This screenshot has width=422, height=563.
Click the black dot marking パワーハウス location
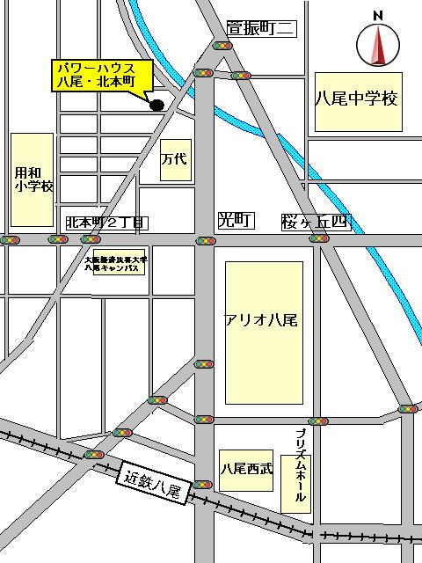(x=157, y=106)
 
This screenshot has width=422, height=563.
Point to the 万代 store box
(x=176, y=160)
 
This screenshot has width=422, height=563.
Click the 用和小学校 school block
(x=33, y=179)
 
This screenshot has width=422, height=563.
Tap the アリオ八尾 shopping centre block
(x=264, y=320)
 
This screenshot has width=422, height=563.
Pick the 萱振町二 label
(x=260, y=29)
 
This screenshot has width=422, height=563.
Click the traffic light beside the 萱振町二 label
(x=223, y=46)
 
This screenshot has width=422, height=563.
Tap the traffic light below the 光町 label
(x=204, y=239)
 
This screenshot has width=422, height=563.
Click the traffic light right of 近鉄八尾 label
(x=203, y=484)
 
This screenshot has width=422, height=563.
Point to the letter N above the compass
(x=377, y=15)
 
